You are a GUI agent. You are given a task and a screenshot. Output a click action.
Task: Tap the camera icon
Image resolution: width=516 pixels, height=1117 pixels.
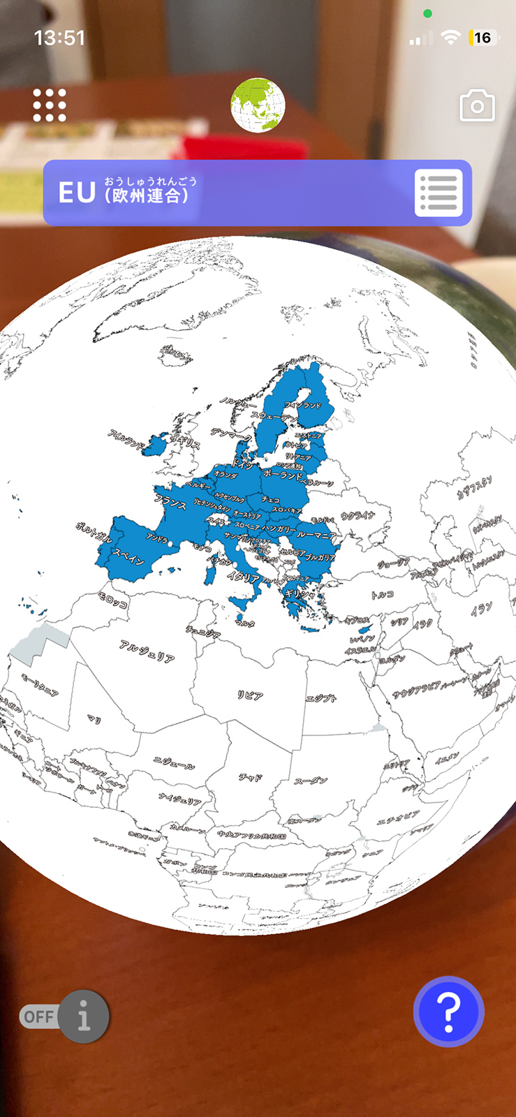[477, 106]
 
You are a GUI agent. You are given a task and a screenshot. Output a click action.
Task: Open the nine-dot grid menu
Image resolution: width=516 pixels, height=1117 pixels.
[50, 105]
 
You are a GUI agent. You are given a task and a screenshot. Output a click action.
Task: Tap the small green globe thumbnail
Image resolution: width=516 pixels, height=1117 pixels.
[258, 105]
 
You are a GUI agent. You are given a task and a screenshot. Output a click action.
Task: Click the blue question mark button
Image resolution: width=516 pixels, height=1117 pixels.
[448, 1012]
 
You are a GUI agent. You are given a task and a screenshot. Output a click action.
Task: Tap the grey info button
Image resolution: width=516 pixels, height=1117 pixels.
[84, 1016]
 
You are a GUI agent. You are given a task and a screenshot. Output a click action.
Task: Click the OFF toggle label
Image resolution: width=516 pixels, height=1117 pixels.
[38, 1016]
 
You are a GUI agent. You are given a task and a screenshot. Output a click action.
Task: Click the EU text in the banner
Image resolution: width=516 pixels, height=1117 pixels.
[76, 193]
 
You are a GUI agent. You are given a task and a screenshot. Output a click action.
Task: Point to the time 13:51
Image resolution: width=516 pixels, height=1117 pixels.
[60, 38]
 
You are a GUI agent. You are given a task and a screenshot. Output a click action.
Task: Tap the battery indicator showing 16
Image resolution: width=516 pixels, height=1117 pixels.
[482, 38]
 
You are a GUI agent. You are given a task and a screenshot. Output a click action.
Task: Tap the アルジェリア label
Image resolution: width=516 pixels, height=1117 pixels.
[147, 651]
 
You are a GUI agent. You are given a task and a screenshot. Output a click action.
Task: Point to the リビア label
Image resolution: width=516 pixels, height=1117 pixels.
[250, 695]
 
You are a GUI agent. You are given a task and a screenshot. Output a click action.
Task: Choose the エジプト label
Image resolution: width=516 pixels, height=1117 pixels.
[321, 697]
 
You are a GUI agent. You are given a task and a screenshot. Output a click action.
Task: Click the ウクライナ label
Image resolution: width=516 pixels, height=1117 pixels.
[357, 516]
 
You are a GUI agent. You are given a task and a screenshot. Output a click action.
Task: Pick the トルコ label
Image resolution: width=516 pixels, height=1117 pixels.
[382, 595]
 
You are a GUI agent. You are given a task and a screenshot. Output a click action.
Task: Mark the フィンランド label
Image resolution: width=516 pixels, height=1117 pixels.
[303, 405]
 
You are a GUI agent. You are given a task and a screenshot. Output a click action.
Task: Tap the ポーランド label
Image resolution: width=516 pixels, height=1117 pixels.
[283, 475]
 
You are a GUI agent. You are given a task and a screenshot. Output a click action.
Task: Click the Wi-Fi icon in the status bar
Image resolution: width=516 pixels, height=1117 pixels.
[452, 38]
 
